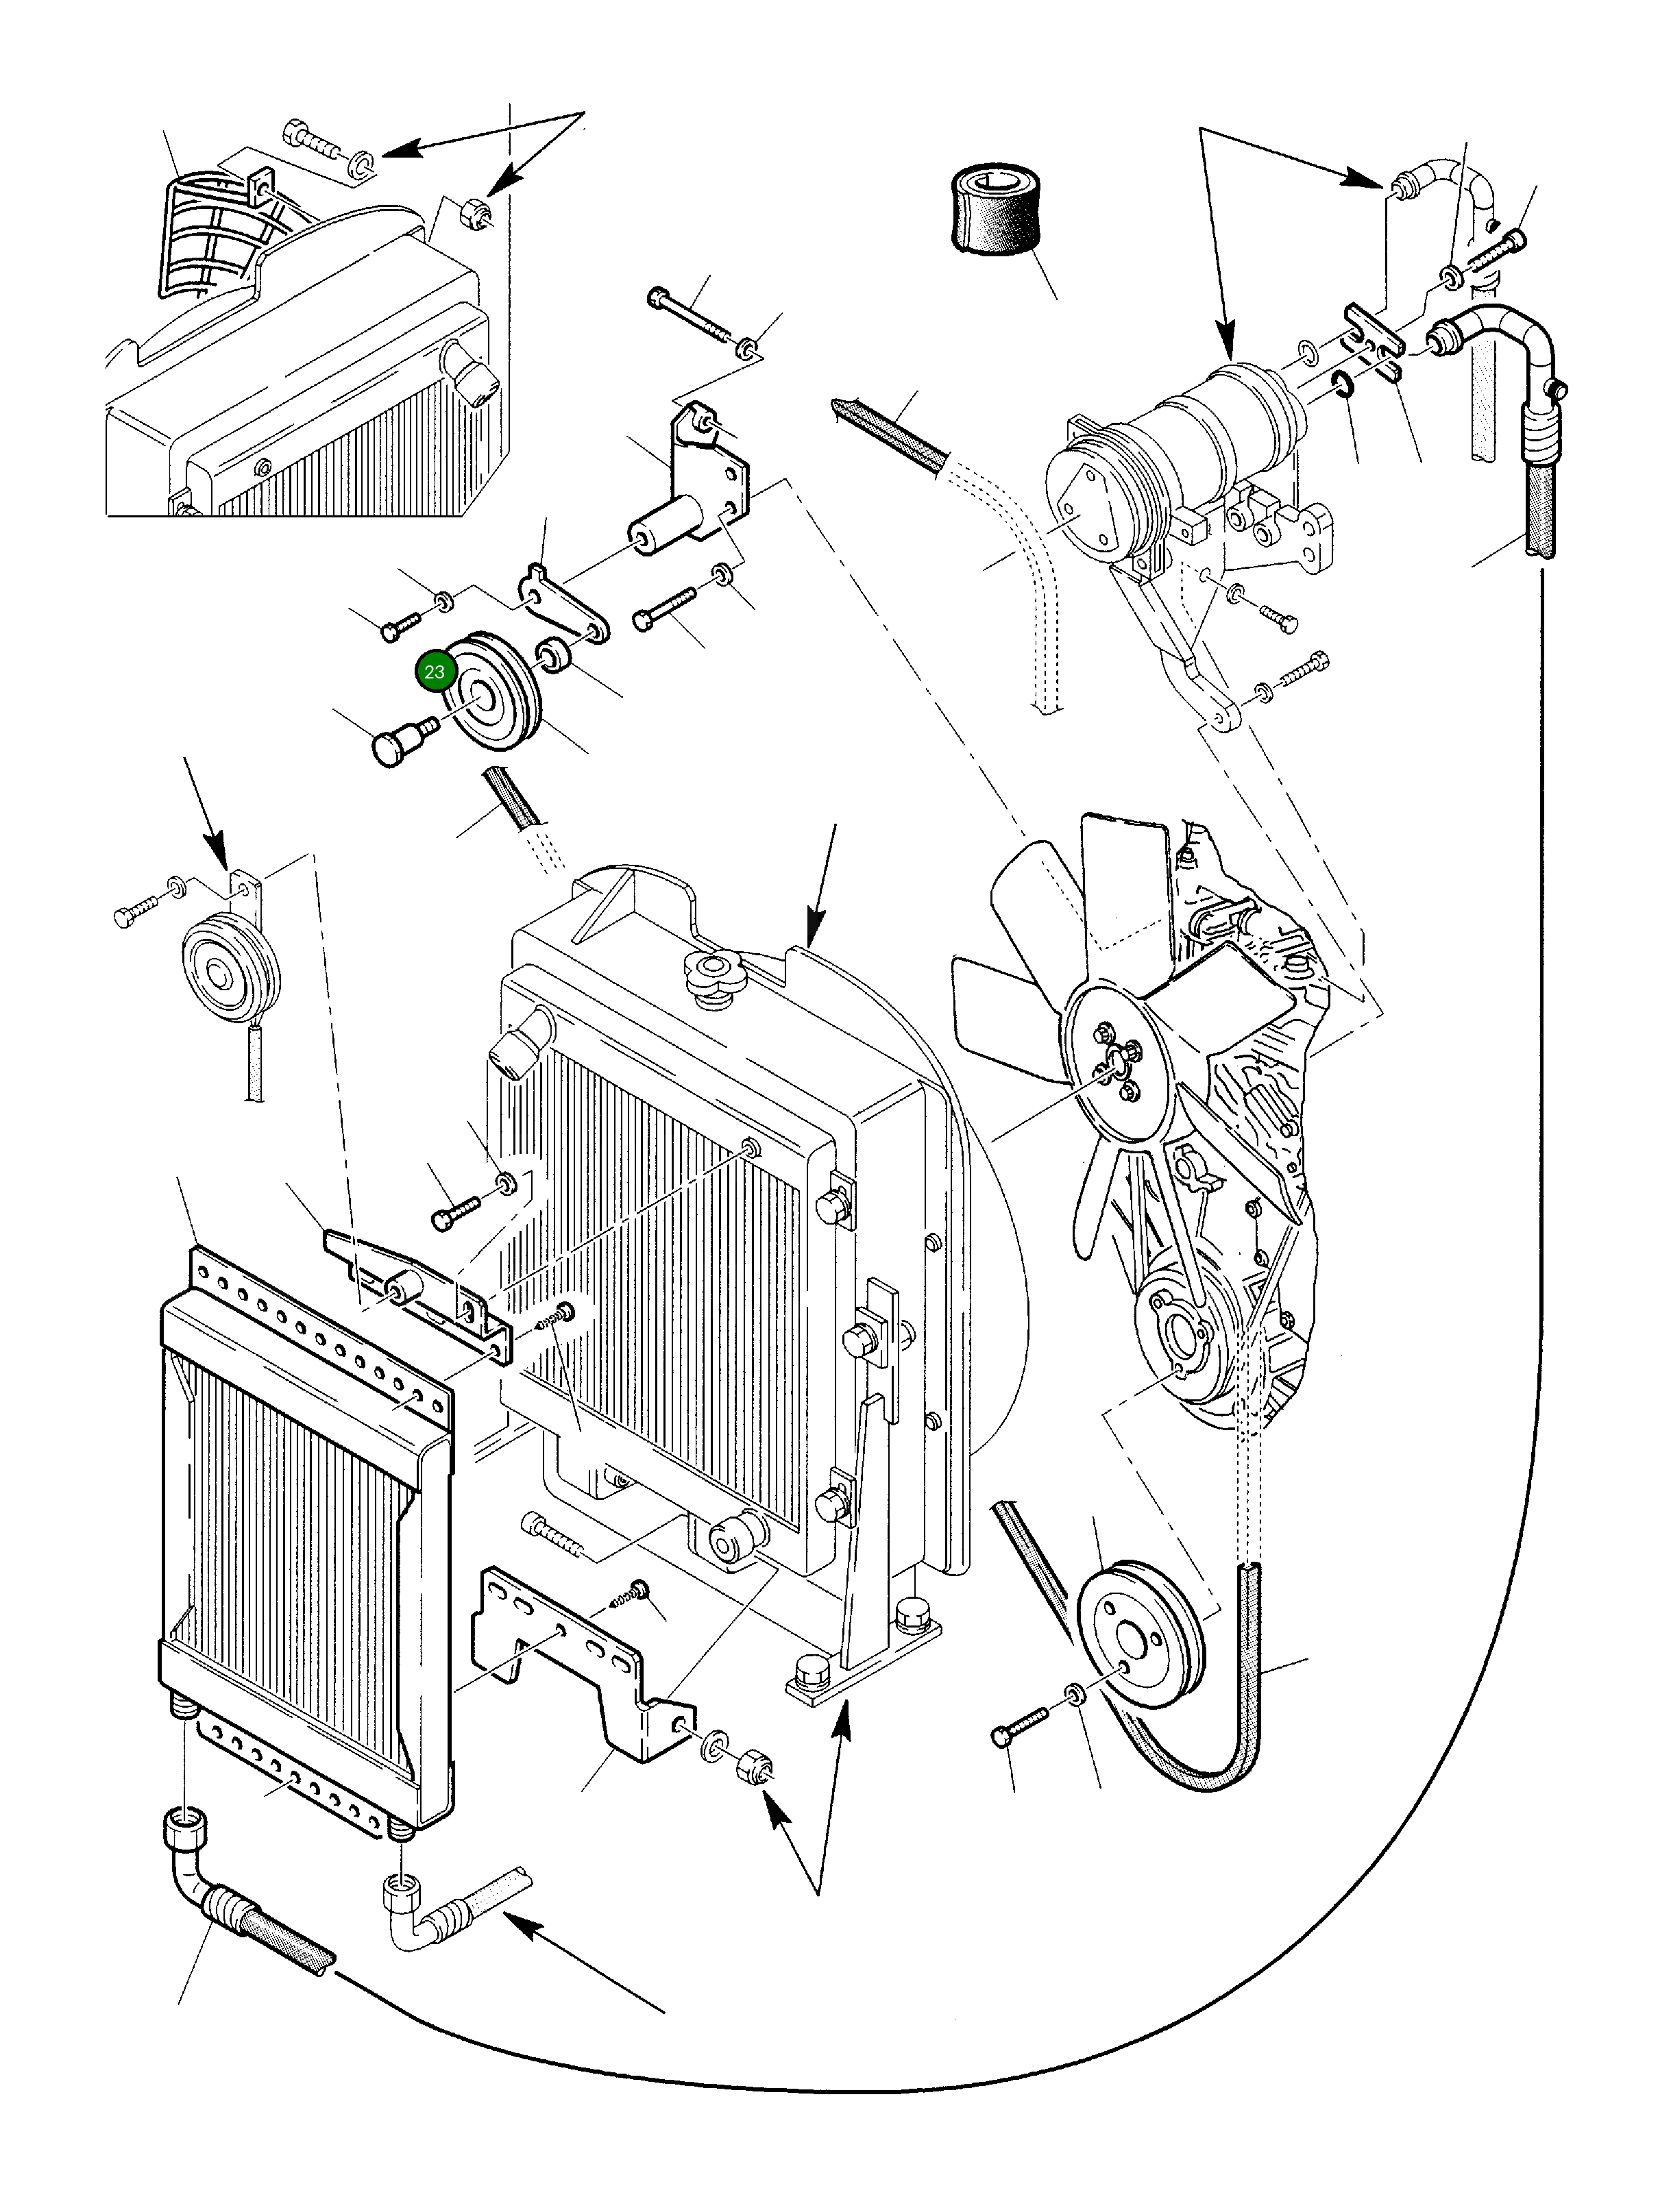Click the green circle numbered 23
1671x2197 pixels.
tap(435, 672)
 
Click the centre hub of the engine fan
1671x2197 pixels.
tap(1114, 1067)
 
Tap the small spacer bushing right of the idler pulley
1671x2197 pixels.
tap(553, 655)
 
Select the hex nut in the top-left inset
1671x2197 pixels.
tap(476, 214)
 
